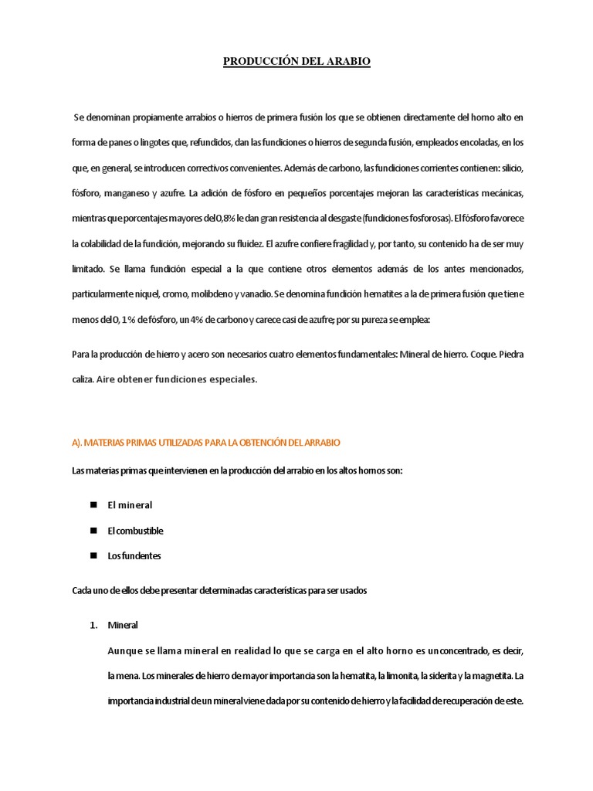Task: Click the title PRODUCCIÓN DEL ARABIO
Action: [x=296, y=61]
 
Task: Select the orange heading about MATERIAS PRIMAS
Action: [x=205, y=443]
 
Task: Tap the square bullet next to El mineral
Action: [x=93, y=504]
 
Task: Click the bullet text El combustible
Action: [x=135, y=531]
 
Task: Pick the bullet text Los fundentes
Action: [x=134, y=555]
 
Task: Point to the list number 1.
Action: [x=93, y=625]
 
